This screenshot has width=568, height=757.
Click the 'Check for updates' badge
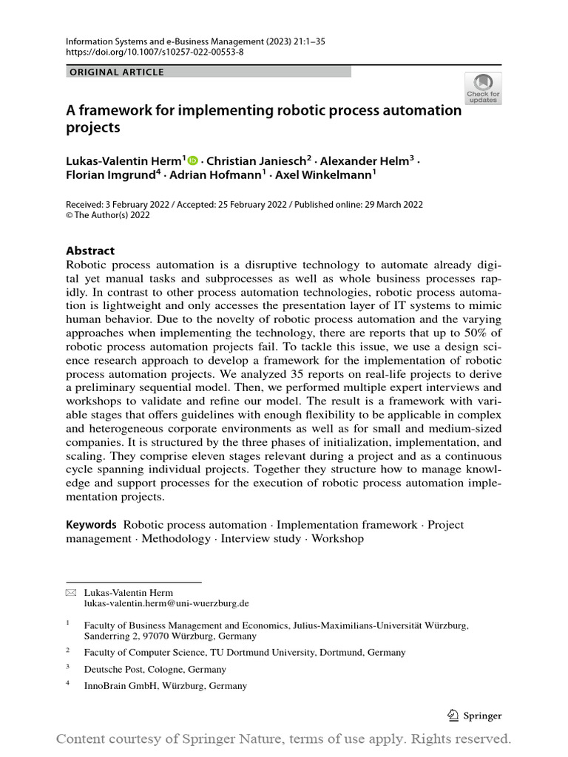click(482, 88)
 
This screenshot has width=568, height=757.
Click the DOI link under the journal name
click(155, 52)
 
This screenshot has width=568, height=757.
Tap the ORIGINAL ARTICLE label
click(116, 72)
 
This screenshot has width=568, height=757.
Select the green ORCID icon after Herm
click(194, 160)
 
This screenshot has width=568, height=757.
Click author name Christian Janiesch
click(259, 160)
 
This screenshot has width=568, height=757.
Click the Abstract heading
click(90, 251)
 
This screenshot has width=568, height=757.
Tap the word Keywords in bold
click(92, 524)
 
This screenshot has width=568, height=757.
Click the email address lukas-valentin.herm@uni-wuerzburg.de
click(166, 603)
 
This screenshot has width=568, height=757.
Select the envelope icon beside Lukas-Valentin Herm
click(71, 593)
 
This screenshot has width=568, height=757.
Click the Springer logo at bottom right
click(475, 716)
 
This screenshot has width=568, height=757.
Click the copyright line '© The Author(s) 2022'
click(108, 215)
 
